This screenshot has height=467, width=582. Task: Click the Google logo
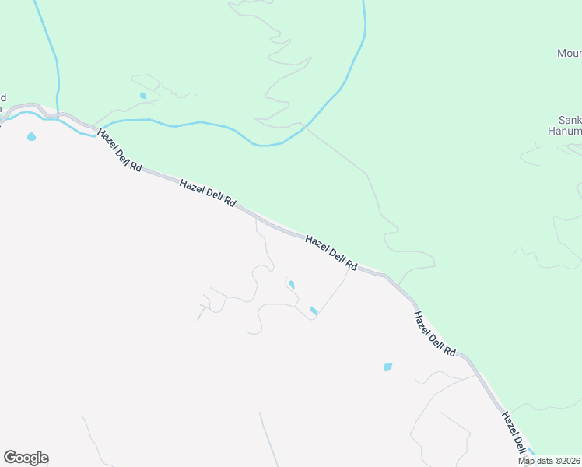click(26, 458)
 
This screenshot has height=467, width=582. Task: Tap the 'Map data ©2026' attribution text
click(549, 461)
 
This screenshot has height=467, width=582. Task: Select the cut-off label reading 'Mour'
click(569, 54)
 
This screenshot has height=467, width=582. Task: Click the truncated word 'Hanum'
click(564, 132)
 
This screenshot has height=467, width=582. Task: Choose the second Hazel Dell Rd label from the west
click(207, 192)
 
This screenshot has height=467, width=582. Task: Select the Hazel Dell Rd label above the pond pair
click(331, 253)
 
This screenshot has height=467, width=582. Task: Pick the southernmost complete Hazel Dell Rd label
click(434, 334)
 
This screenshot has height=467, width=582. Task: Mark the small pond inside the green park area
click(142, 96)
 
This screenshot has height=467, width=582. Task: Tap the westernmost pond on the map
click(31, 137)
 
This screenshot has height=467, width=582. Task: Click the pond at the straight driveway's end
click(313, 311)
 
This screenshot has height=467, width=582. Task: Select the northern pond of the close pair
click(292, 285)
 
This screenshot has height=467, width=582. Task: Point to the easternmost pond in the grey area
click(387, 367)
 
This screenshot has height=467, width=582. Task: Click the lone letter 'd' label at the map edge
click(3, 97)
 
